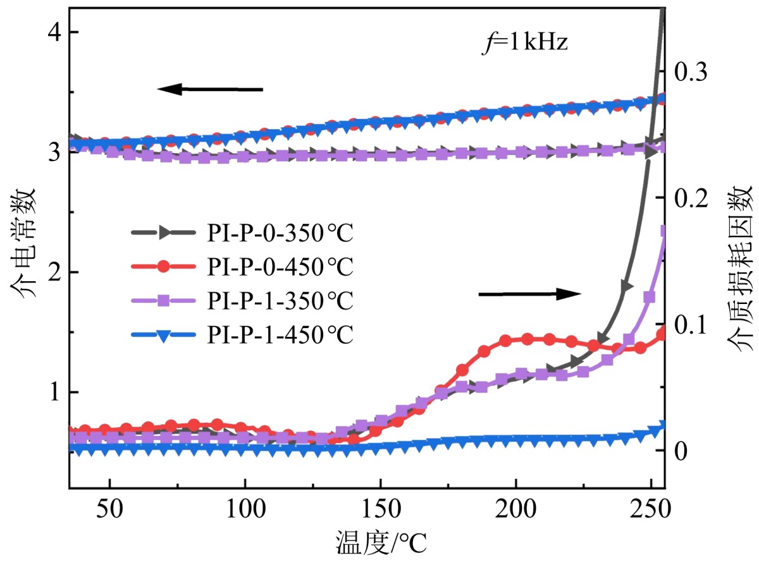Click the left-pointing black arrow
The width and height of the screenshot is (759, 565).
click(x=210, y=89)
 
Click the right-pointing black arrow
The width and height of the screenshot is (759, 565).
click(x=529, y=293)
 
